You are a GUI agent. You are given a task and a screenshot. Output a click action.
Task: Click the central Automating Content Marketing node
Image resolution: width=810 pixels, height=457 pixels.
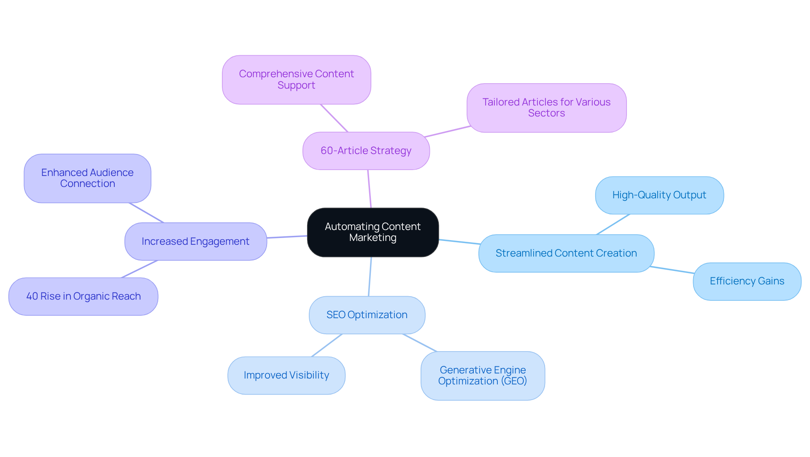pyautogui.click(x=373, y=232)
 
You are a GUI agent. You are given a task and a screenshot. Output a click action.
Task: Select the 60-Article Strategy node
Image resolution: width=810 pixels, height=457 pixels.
pyautogui.click(x=366, y=151)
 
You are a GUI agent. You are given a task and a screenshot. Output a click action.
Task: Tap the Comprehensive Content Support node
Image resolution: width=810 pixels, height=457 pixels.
pyautogui.click(x=297, y=79)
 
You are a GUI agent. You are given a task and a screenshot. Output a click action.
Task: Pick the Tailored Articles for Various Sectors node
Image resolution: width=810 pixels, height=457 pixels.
pyautogui.click(x=546, y=108)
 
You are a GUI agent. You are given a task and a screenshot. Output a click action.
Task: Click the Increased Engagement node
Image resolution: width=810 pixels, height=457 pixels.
pyautogui.click(x=196, y=241)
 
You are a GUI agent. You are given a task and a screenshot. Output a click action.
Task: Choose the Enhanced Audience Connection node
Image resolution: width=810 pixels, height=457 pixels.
pyautogui.click(x=87, y=178)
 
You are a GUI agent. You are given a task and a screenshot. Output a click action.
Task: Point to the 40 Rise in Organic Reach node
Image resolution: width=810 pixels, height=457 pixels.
pyautogui.click(x=84, y=296)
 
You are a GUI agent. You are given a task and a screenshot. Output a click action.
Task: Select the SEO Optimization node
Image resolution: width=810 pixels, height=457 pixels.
pyautogui.click(x=367, y=315)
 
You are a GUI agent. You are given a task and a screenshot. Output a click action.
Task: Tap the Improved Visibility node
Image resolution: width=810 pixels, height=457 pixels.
pyautogui.click(x=286, y=375)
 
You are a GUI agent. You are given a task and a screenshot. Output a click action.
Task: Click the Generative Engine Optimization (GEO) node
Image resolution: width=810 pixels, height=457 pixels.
pyautogui.click(x=483, y=376)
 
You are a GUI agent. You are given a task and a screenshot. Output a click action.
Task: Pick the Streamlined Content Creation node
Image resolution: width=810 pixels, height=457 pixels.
pyautogui.click(x=566, y=253)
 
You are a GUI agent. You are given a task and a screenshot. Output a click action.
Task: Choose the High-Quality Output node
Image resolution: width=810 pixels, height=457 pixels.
pyautogui.click(x=659, y=195)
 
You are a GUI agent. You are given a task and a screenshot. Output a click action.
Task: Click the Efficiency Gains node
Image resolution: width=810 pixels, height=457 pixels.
pyautogui.click(x=747, y=281)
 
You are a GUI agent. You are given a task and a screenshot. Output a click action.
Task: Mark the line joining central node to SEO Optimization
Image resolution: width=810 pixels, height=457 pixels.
pyautogui.click(x=370, y=276)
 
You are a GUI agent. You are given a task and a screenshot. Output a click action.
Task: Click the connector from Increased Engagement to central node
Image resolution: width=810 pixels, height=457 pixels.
pyautogui.click(x=287, y=237)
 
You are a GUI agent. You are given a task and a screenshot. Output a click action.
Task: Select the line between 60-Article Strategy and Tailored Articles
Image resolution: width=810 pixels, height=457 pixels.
pyautogui.click(x=448, y=131)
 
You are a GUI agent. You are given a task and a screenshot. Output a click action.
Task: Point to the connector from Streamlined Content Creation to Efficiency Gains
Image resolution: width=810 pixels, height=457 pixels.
pyautogui.click(x=672, y=270)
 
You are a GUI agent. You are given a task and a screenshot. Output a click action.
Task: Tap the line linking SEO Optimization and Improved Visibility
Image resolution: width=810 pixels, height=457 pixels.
pyautogui.click(x=327, y=345)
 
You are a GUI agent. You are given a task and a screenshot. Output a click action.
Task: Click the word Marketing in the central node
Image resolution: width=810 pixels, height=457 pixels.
pyautogui.click(x=373, y=238)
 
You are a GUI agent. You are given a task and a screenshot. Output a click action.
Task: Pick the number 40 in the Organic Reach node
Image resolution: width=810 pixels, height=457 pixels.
pyautogui.click(x=32, y=296)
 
